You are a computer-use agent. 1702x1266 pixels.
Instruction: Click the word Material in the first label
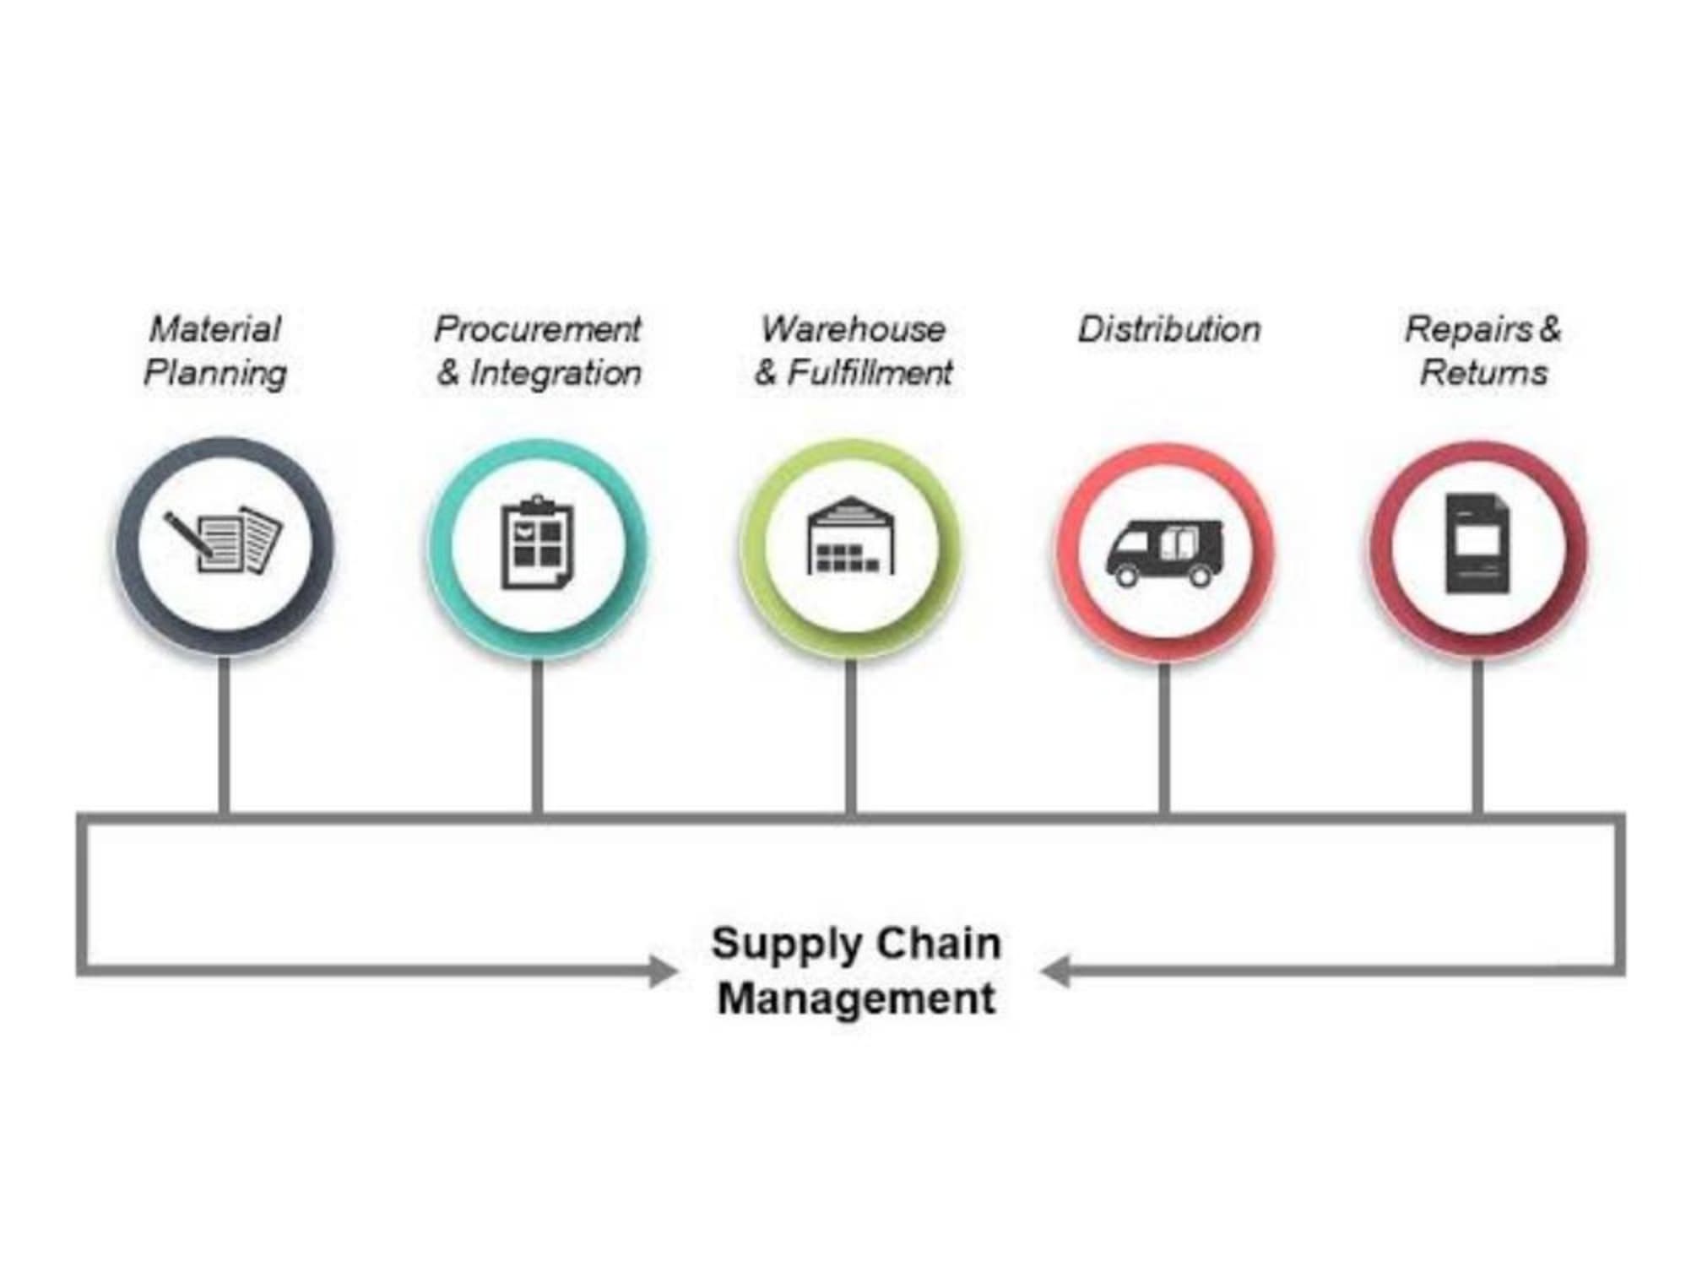pos(215,329)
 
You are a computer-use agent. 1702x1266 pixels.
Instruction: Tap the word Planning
pos(215,373)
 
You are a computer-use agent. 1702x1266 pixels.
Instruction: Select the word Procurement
pos(538,329)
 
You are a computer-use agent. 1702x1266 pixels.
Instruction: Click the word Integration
pos(556,373)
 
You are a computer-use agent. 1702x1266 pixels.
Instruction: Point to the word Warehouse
pos(854,329)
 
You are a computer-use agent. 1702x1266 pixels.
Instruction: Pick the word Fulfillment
pos(870,372)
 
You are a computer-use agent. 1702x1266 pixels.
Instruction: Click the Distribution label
pos(1169,329)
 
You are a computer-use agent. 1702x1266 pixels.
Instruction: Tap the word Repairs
pos(1468,330)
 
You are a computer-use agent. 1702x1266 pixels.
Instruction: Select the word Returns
pos(1484,372)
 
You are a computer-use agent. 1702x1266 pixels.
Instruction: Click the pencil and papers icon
pos(224,541)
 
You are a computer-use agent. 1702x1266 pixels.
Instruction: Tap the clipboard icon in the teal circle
pos(538,543)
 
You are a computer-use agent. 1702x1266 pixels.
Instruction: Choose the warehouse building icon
pos(851,535)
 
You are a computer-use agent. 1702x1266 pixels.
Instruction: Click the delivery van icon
pos(1165,552)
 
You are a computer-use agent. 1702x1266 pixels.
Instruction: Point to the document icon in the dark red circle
pos(1477,544)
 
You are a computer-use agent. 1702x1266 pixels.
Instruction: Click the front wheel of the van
pos(1126,576)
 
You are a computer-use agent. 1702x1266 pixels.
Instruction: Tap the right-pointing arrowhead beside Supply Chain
pos(664,971)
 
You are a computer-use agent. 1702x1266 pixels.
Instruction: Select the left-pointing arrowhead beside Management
pos(1055,971)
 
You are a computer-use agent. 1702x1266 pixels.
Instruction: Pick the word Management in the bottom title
pos(856,999)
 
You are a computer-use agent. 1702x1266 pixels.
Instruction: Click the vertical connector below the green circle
pos(851,736)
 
